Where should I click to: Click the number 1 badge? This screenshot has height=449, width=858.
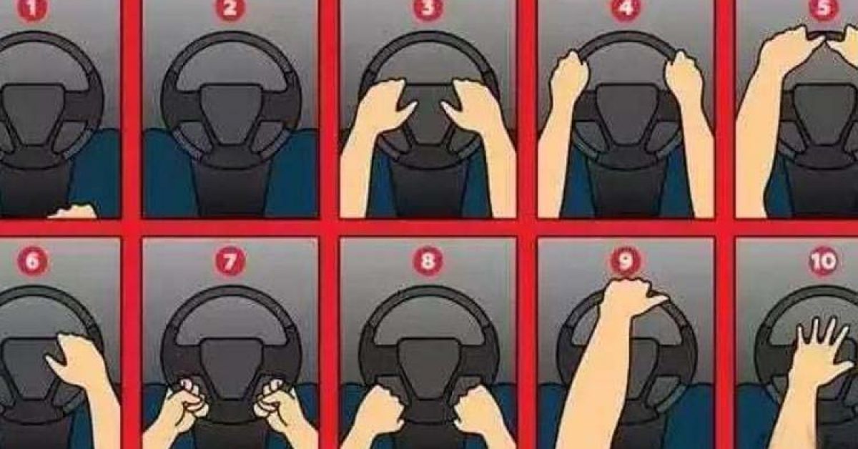pos(33,9)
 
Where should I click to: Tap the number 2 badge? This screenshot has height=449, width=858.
pos(230,9)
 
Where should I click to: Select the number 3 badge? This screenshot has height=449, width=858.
pos(428,9)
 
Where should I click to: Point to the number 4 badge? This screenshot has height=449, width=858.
pos(626,9)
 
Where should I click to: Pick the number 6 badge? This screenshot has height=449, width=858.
pos(33,261)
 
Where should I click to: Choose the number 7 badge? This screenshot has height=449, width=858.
pos(230,261)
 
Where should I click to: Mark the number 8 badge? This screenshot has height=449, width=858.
pos(428,261)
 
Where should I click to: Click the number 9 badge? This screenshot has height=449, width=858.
pos(626,261)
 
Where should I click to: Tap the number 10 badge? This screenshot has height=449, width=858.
pos(823,262)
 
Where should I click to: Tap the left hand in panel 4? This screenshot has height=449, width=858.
pos(569,77)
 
